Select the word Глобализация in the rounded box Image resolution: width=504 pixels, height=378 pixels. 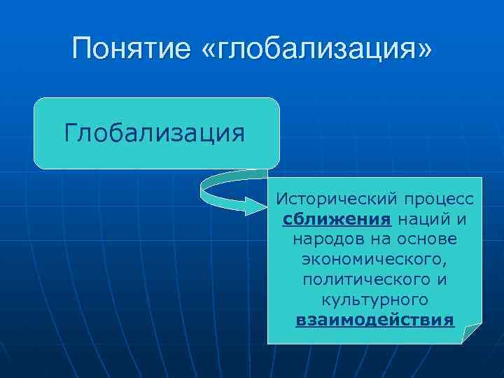[155, 132]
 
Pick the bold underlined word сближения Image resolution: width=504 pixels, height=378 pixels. [337, 219]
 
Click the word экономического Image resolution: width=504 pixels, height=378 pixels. [374, 260]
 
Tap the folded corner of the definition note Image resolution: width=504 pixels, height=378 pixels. [471, 332]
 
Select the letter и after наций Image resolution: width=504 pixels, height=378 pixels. [461, 219]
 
